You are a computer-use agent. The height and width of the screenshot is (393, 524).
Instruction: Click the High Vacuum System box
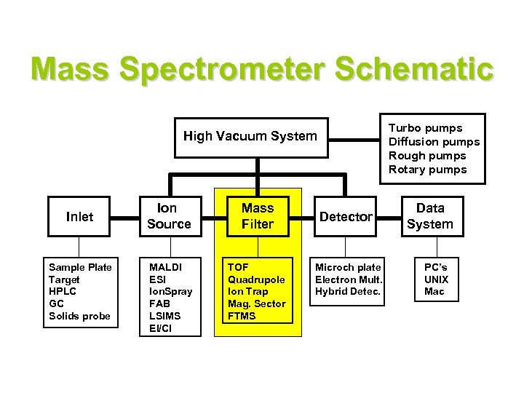pos(250,136)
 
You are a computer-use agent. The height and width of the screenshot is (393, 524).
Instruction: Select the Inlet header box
pos(79,216)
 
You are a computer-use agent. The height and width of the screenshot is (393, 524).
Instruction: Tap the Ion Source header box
pos(169,216)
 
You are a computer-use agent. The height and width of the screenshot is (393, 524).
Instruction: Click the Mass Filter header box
pos(258,216)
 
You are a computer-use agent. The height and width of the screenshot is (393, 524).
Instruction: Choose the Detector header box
pos(346,216)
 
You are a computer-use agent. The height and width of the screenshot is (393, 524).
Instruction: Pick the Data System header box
pos(429,216)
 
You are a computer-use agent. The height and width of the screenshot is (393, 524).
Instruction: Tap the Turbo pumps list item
pos(425,128)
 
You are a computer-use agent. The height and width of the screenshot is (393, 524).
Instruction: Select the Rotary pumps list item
pos(427,170)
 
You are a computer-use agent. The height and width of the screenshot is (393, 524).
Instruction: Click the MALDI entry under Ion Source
pos(164,267)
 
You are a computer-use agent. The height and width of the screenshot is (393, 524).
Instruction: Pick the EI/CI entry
pos(161,328)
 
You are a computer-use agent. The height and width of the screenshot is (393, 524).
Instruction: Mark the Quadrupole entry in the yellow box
pos(256,279)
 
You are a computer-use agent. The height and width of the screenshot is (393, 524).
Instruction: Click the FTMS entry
pos(242,316)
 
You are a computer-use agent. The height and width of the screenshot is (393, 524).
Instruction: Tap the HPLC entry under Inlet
pos(62,292)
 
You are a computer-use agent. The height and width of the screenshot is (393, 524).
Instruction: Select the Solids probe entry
pos(79,316)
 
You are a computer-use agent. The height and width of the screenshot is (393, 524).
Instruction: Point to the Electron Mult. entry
pos(349,279)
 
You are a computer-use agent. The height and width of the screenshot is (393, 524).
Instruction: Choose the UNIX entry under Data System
pos(437,279)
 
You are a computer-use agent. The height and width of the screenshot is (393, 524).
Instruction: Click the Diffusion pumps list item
pos(434,142)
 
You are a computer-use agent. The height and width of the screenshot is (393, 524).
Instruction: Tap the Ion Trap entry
pos(247,292)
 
